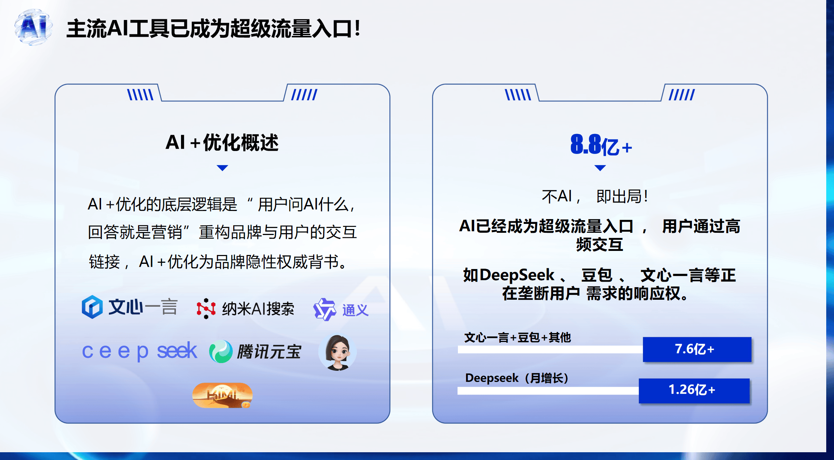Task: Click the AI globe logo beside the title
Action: [x=33, y=27]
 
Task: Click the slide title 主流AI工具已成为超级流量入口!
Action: [x=214, y=28]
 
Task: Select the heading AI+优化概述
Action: [x=222, y=142]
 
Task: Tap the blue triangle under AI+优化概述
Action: [x=222, y=168]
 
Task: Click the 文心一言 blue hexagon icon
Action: [x=92, y=307]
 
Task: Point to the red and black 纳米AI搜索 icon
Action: [x=206, y=309]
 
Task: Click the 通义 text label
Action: [x=355, y=310]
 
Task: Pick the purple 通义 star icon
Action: [x=325, y=309]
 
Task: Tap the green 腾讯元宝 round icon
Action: [x=221, y=351]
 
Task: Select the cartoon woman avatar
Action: [x=338, y=352]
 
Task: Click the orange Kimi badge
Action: [x=222, y=395]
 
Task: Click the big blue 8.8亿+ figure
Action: [x=601, y=145]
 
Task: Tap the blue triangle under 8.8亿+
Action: [x=600, y=168]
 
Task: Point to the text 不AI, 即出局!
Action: [x=595, y=197]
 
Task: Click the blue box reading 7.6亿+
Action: [x=697, y=349]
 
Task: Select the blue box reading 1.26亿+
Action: [x=694, y=390]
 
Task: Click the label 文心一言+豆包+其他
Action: [x=518, y=338]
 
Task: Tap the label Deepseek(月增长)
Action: [x=517, y=378]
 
